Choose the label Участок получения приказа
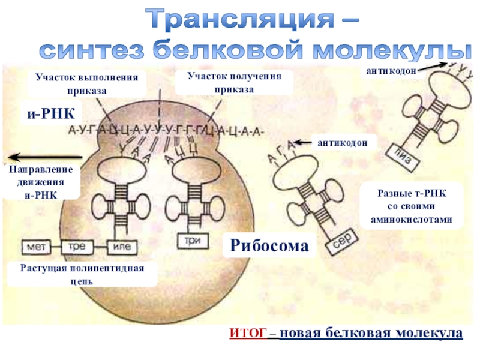pyautogui.click(x=235, y=82)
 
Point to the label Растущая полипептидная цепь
pyautogui.click(x=81, y=274)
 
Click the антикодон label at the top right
pyautogui.click(x=391, y=71)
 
